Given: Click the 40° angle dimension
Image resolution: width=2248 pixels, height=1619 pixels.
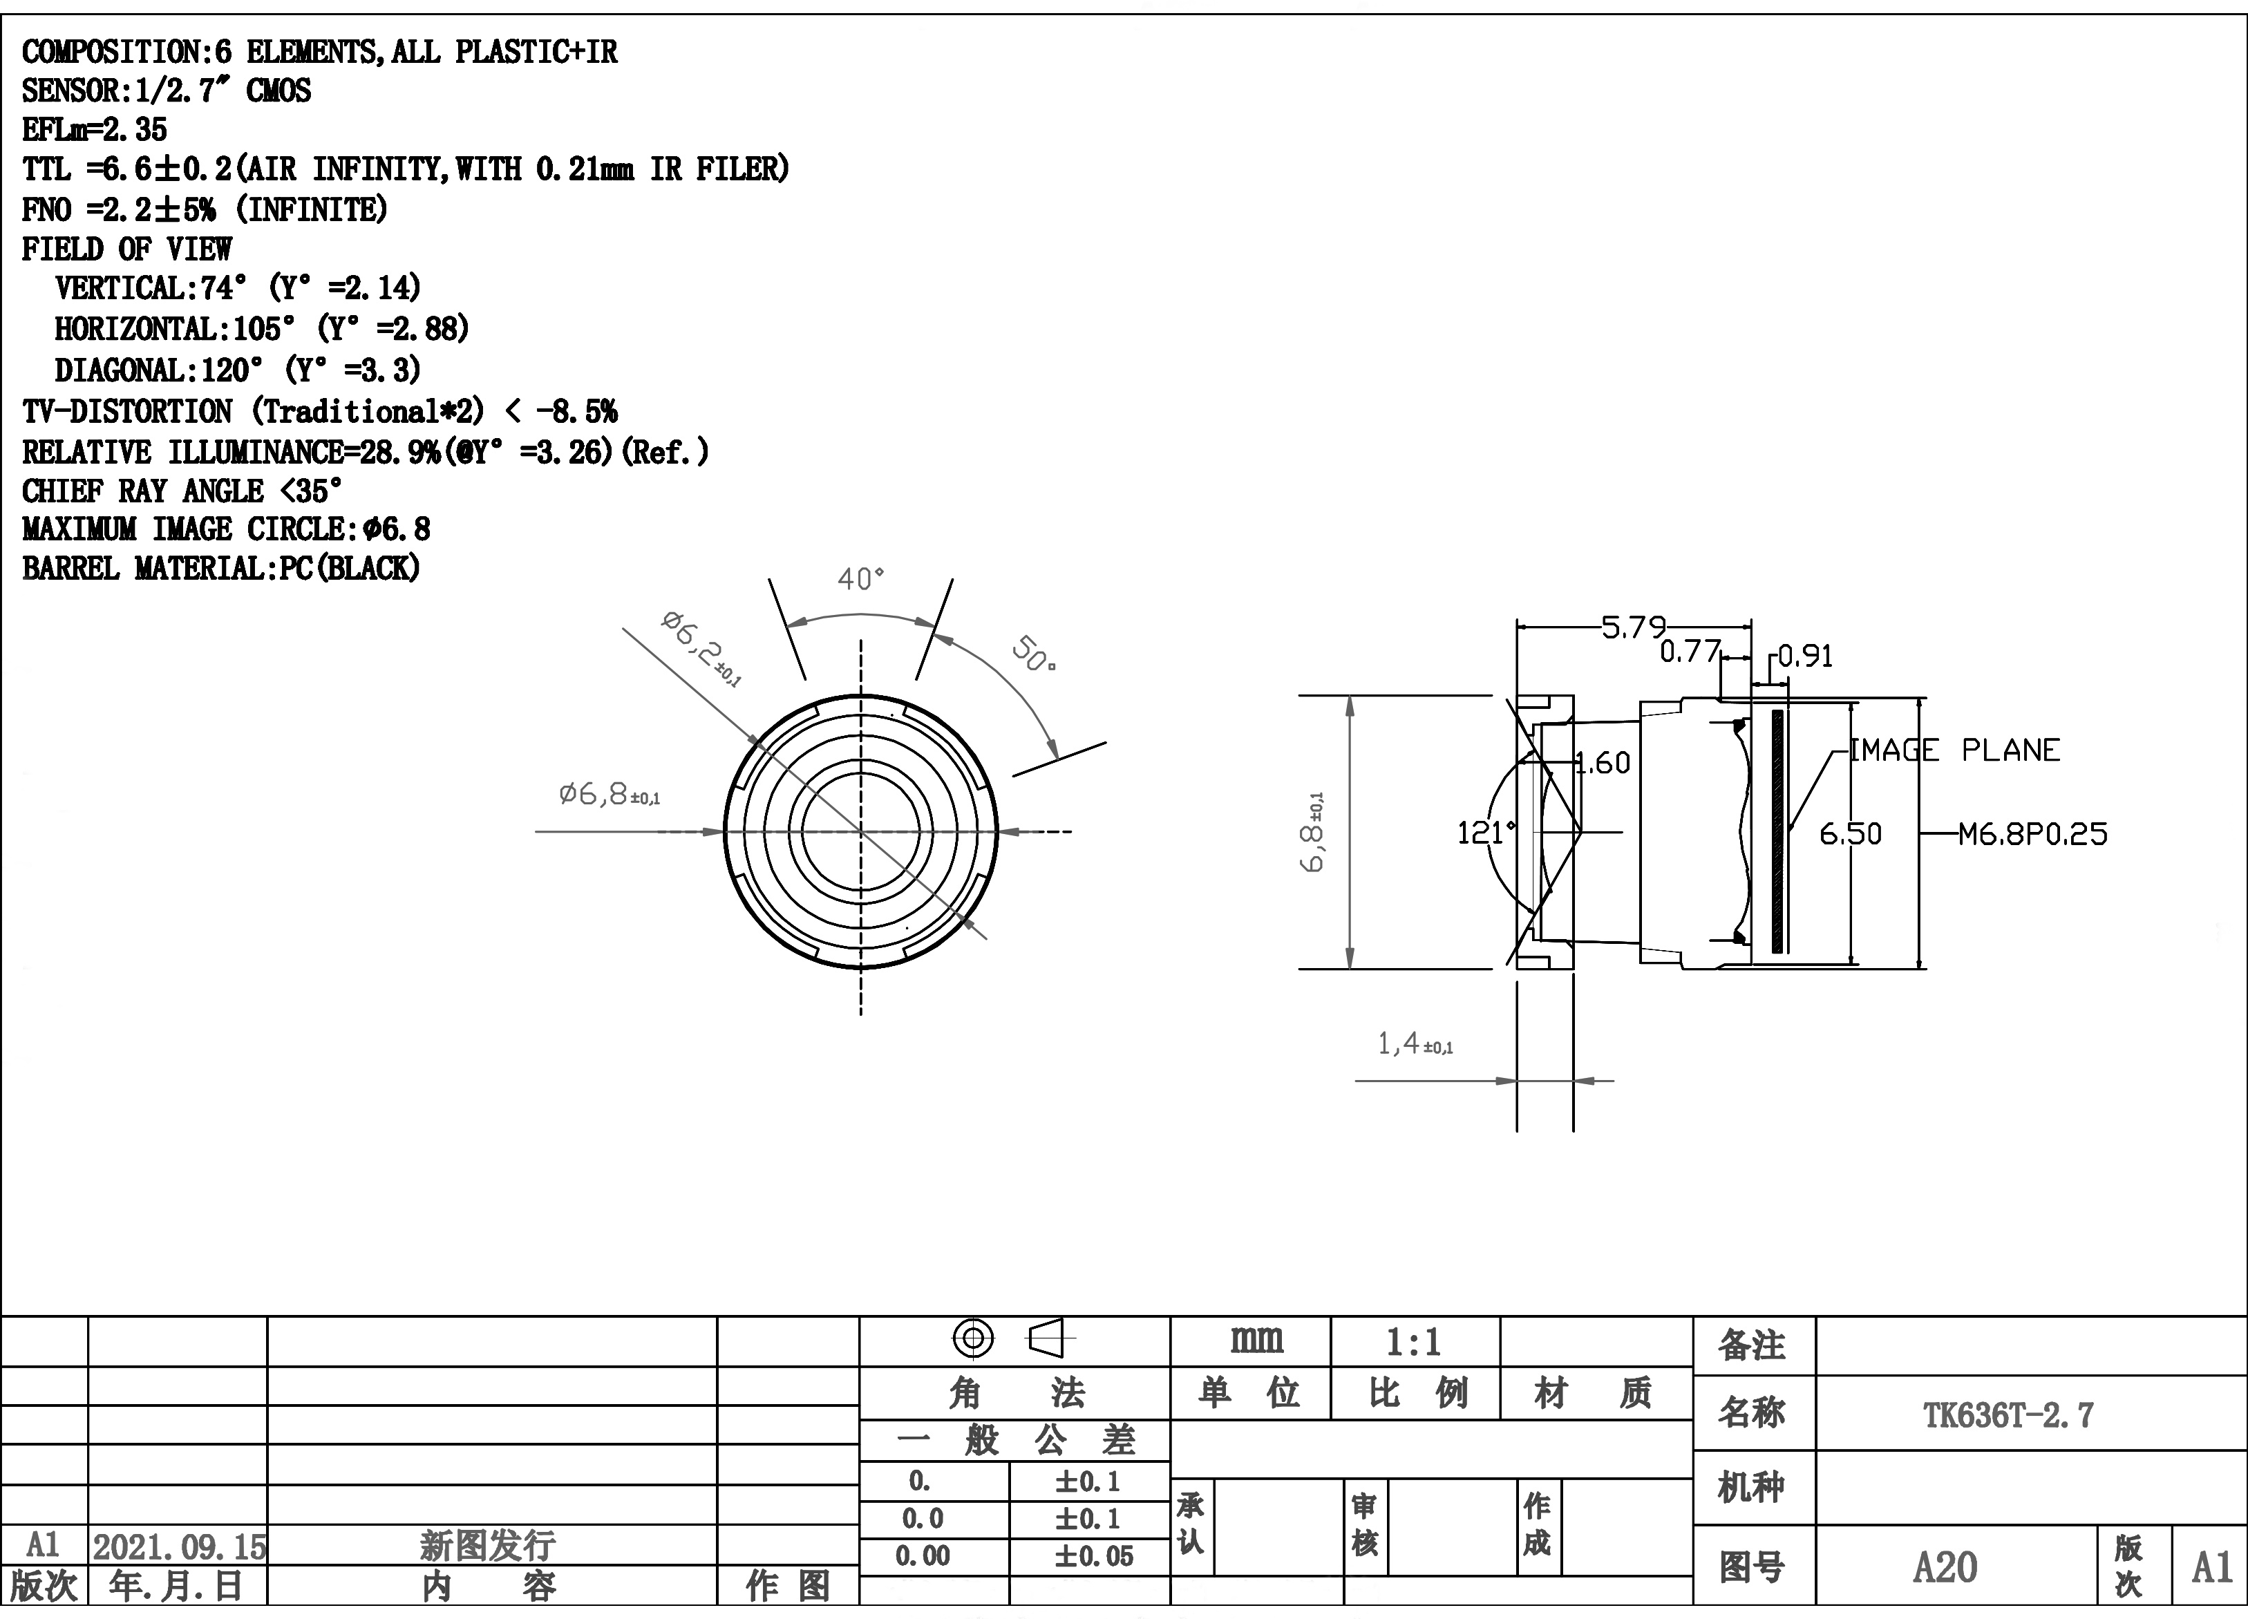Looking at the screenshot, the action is click(860, 578).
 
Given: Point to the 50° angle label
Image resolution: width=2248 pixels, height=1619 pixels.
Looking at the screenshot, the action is click(1034, 654).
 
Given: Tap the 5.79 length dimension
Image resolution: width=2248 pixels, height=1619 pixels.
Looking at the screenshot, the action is click(1634, 627).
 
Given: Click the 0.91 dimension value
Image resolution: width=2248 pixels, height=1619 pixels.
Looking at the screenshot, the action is click(1805, 656).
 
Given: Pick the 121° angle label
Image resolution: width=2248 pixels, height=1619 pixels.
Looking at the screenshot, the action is click(1486, 832).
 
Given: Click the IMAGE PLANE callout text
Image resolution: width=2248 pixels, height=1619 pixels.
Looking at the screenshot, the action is click(1954, 750).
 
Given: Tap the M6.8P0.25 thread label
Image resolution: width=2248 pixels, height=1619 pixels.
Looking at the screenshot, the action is click(2033, 834).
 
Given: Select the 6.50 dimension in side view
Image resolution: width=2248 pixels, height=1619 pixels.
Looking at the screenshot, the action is click(1849, 834).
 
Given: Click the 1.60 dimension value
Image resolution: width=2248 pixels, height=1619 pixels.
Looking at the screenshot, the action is click(1603, 763).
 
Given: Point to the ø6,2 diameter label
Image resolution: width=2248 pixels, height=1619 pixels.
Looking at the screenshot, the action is click(701, 649).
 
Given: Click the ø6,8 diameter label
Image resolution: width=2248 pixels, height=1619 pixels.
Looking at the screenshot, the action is click(610, 794).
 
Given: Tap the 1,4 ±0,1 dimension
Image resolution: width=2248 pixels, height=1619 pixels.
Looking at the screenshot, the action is click(1415, 1043).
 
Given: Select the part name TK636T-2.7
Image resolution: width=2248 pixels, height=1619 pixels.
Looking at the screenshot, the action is click(2009, 1415).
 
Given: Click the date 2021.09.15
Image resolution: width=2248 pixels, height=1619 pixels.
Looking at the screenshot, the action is click(180, 1546).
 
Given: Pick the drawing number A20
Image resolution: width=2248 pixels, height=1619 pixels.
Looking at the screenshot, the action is click(1945, 1567).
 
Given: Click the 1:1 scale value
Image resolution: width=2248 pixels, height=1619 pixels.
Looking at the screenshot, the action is click(1413, 1343).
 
